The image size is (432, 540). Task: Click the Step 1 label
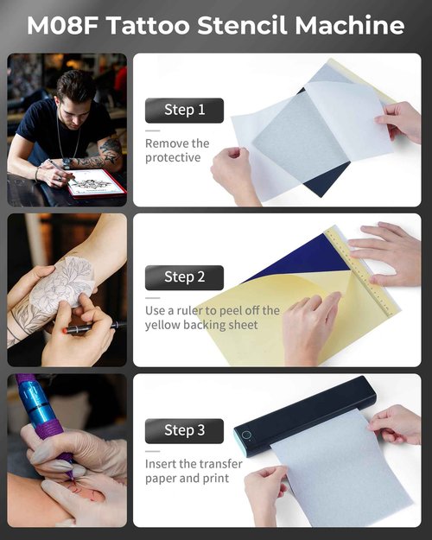[x=184, y=110]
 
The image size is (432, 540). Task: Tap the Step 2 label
[x=184, y=277]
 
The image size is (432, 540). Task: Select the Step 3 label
[x=184, y=430]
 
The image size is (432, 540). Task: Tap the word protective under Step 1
[x=173, y=158]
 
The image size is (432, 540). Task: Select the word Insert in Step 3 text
[x=163, y=464]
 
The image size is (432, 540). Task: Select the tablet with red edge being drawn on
[x=95, y=181]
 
